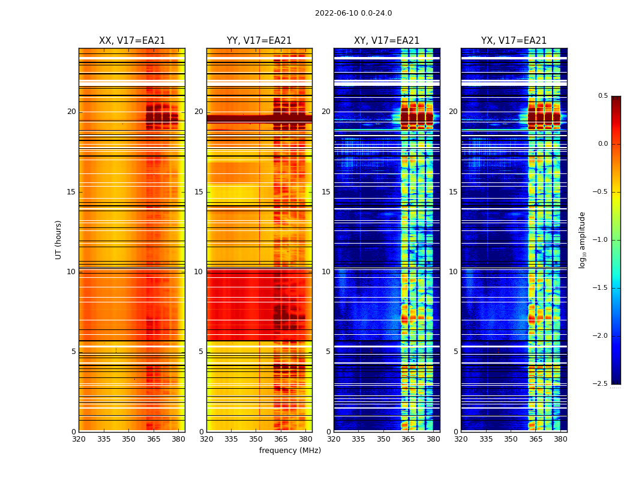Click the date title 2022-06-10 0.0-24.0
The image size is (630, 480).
(353, 13)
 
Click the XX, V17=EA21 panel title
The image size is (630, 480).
(132, 41)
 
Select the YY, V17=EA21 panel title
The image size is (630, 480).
(259, 41)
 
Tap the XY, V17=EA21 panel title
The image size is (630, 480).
(386, 41)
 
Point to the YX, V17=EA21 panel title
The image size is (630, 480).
(514, 41)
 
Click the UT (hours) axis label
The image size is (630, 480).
(58, 239)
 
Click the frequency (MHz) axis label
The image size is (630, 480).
(290, 451)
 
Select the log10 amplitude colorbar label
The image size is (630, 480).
(581, 239)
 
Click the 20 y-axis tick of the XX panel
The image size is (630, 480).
(71, 112)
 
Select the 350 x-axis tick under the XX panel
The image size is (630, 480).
(128, 439)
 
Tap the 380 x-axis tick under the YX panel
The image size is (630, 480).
(560, 439)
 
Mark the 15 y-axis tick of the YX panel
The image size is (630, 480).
(453, 192)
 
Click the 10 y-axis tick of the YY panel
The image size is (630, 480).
(199, 272)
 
